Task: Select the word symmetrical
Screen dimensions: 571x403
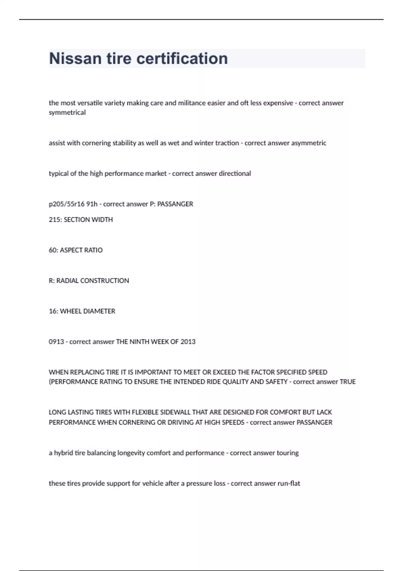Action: tap(67, 113)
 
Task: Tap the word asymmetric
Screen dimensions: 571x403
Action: tap(309, 143)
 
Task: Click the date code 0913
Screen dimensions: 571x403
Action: tap(56, 342)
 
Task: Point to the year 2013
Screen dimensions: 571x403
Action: tap(188, 342)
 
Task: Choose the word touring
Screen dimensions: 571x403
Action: tap(287, 453)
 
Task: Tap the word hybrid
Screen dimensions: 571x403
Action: tap(63, 453)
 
